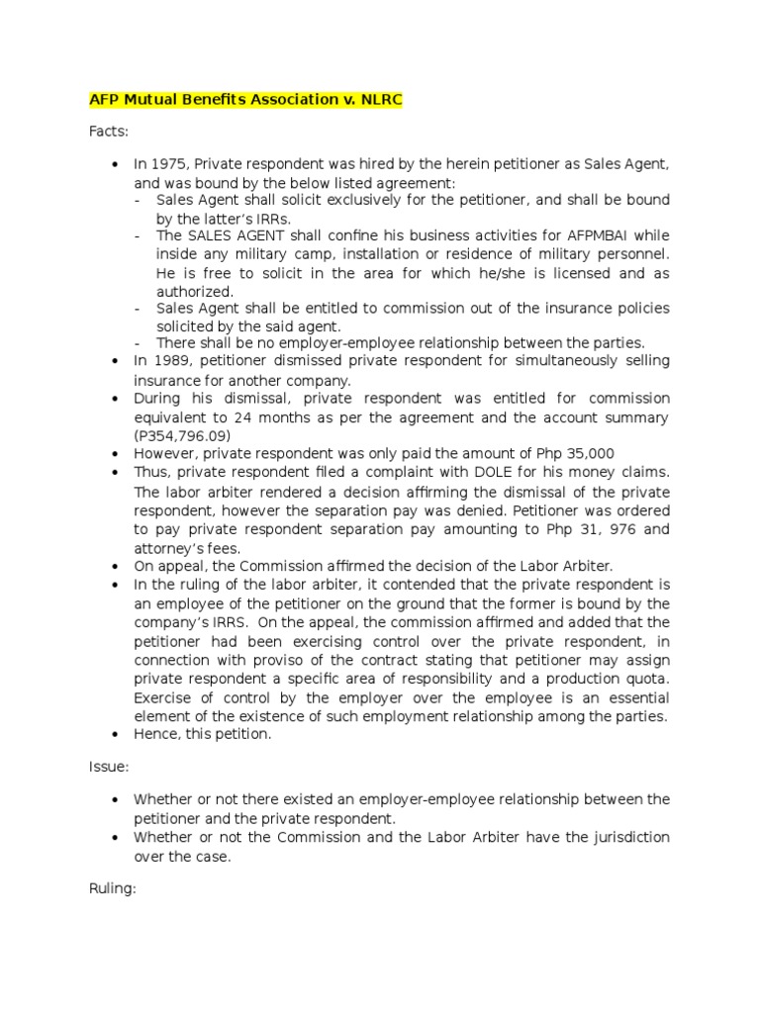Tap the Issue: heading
pyautogui.click(x=109, y=766)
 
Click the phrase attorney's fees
pyautogui.click(x=187, y=547)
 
